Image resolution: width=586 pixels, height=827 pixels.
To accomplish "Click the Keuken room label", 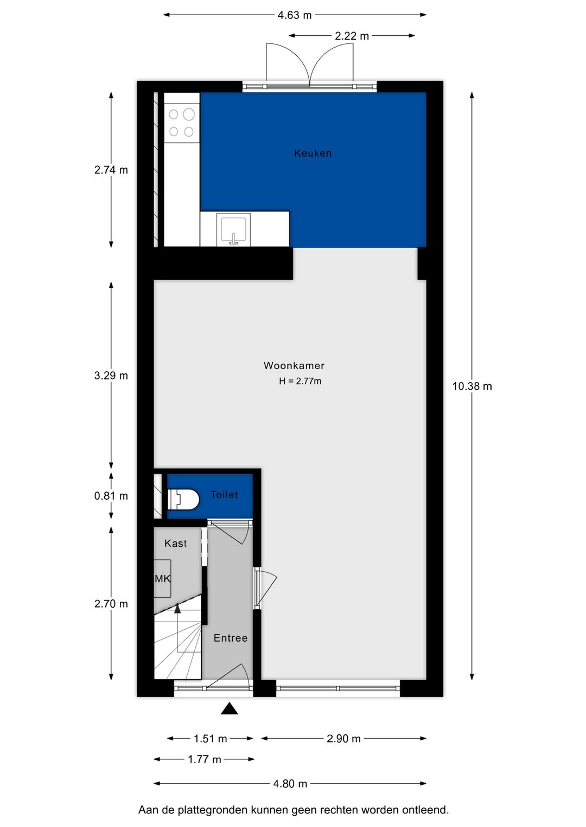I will click(313, 153).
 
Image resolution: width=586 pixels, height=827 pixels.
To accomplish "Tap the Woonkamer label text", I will click(294, 366).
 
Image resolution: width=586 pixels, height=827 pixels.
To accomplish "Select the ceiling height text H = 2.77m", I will click(300, 382).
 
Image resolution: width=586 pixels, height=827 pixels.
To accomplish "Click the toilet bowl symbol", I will click(183, 499).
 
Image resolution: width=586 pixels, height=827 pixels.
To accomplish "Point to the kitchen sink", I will click(233, 230).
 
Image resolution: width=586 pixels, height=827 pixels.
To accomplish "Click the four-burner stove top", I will click(181, 122).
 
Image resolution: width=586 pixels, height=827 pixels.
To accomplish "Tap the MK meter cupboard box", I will click(162, 579).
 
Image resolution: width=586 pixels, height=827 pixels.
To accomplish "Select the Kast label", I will click(175, 544).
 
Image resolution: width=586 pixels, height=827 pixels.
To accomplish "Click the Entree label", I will click(230, 638).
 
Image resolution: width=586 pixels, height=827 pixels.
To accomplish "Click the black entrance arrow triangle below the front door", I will click(230, 709).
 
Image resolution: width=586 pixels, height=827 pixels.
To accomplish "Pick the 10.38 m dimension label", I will click(472, 386).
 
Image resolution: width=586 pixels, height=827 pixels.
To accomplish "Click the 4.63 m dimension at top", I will click(295, 15).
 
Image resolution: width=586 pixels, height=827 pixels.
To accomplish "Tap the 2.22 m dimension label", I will click(352, 36).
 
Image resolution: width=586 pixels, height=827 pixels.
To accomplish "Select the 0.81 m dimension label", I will click(111, 496).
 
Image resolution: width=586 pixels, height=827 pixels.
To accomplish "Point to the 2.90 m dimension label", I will click(343, 739).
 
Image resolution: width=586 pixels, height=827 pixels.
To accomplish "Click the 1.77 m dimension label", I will click(205, 759).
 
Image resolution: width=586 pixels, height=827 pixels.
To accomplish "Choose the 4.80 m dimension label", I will click(290, 784).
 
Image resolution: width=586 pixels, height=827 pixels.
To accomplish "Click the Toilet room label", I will click(224, 495).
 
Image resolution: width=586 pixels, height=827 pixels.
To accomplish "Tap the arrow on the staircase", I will click(177, 609).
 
